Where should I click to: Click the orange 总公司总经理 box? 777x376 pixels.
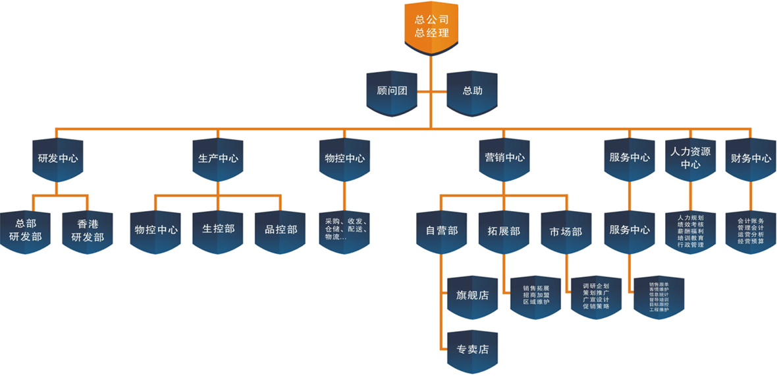click(431, 27)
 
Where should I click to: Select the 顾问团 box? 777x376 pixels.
click(392, 91)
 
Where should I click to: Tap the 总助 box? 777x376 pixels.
click(472, 91)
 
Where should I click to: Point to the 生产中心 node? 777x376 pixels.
click(218, 158)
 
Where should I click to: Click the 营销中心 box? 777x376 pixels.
click(504, 158)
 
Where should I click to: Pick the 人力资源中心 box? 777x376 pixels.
click(690, 158)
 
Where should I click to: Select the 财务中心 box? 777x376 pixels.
click(751, 158)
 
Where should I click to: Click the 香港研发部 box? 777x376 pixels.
click(87, 230)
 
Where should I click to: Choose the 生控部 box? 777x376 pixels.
click(218, 230)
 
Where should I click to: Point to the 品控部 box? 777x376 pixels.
click(281, 230)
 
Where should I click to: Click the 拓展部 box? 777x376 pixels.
click(504, 232)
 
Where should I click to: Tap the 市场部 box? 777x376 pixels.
click(566, 232)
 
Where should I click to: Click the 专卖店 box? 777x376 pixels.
click(472, 348)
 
